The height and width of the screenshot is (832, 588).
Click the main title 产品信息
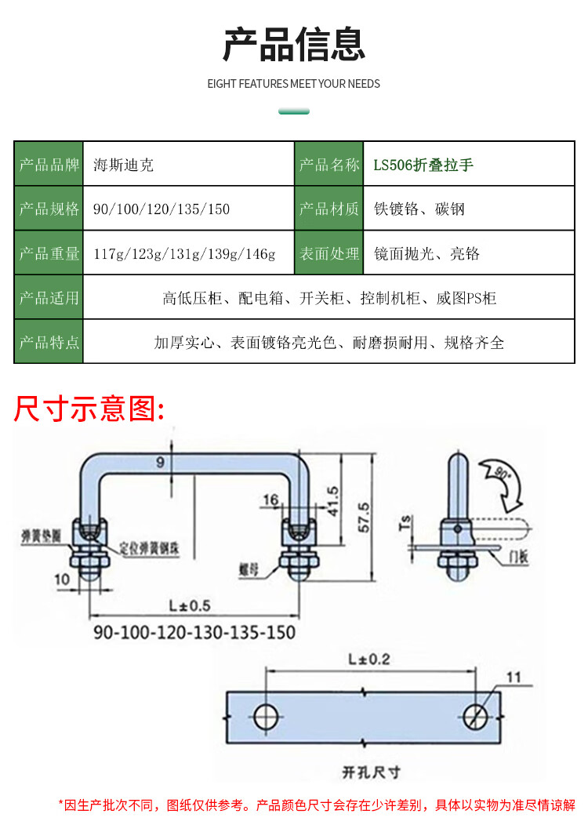pyautogui.click(x=294, y=44)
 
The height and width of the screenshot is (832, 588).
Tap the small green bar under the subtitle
pyautogui.click(x=294, y=111)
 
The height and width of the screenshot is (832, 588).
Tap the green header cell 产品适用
pyautogui.click(x=49, y=298)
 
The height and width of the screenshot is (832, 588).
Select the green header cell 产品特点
pyautogui.click(x=49, y=342)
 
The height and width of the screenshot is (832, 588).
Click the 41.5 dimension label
pyautogui.click(x=332, y=500)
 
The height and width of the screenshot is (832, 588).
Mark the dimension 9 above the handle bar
pyautogui.click(x=160, y=463)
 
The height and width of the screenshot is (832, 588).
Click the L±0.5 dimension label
pyautogui.click(x=190, y=605)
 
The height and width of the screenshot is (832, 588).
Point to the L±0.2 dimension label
pyautogui.click(x=368, y=659)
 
